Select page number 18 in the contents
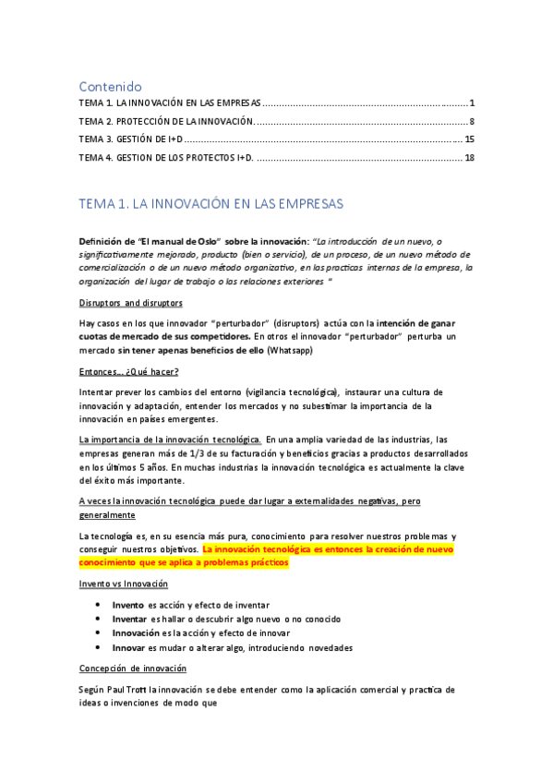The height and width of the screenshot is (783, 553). pyautogui.click(x=469, y=158)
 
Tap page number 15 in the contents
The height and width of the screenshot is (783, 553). pyautogui.click(x=469, y=139)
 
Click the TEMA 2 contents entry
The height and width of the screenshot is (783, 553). pyautogui.click(x=165, y=121)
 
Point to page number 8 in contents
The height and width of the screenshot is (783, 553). pyautogui.click(x=471, y=121)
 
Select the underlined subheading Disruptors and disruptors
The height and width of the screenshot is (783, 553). pyautogui.click(x=130, y=303)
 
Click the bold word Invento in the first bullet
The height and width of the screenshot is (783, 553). pyautogui.click(x=128, y=604)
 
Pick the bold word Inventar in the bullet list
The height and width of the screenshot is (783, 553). pyautogui.click(x=131, y=619)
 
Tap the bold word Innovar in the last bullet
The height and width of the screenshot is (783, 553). pyautogui.click(x=130, y=647)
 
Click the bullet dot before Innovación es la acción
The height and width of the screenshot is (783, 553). pyautogui.click(x=99, y=633)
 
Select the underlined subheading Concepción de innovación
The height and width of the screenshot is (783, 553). pyautogui.click(x=133, y=668)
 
